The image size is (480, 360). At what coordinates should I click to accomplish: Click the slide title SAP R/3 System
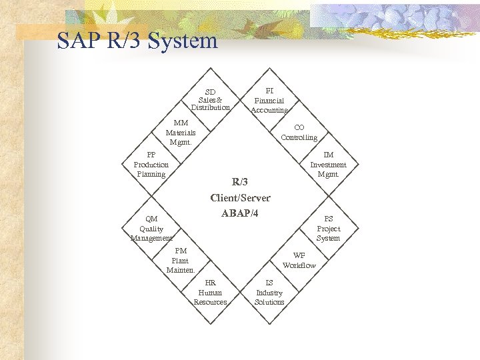click(137, 41)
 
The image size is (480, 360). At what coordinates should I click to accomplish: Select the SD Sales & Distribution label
click(210, 99)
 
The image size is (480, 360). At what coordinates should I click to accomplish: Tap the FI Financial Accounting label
click(269, 100)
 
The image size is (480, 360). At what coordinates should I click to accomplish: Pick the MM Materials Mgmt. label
click(181, 132)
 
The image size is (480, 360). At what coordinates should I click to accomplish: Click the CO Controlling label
click(299, 132)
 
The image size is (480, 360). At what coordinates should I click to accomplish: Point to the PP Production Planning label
click(151, 164)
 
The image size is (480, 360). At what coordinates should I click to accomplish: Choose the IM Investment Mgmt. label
click(328, 164)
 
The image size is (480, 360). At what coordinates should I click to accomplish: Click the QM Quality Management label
click(151, 228)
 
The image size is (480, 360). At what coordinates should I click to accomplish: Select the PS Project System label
click(328, 228)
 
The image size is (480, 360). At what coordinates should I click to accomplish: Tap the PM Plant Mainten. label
click(181, 260)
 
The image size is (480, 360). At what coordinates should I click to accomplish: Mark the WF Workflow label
click(299, 260)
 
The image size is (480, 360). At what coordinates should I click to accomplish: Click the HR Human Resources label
click(210, 292)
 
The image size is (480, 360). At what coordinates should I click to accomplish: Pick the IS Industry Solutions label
click(269, 292)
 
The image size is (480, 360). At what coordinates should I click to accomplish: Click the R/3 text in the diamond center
click(240, 181)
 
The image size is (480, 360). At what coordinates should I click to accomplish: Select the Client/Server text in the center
click(240, 197)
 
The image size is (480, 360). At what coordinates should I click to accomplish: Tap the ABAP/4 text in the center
click(240, 213)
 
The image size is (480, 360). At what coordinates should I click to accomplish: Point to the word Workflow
click(299, 265)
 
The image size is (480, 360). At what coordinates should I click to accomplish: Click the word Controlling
click(299, 137)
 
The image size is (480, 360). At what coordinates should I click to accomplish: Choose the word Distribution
click(210, 107)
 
